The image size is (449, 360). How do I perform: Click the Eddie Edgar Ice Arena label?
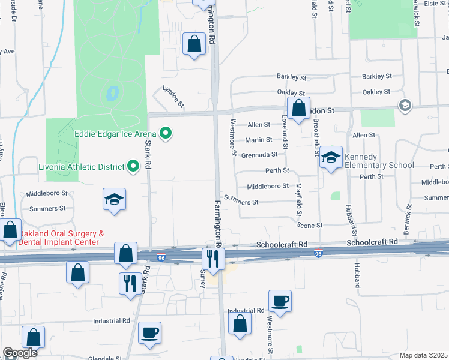click(116, 133)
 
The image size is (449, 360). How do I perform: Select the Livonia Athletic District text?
click(85, 166)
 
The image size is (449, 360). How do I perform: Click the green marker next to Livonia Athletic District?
click(133, 166)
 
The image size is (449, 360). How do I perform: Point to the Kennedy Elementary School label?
click(379, 161)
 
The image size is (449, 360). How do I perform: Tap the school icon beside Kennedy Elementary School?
click(330, 157)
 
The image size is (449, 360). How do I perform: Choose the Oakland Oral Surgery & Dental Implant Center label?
click(62, 238)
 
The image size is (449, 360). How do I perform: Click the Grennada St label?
click(259, 155)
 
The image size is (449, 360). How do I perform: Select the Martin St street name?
click(259, 140)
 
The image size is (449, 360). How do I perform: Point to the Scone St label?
click(310, 225)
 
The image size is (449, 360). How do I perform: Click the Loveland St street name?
click(286, 133)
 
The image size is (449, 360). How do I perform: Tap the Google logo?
click(20, 353)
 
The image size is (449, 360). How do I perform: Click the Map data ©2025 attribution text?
click(423, 355)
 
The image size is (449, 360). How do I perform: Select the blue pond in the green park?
click(111, 94)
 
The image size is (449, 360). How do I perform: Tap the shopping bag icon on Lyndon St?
click(298, 108)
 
